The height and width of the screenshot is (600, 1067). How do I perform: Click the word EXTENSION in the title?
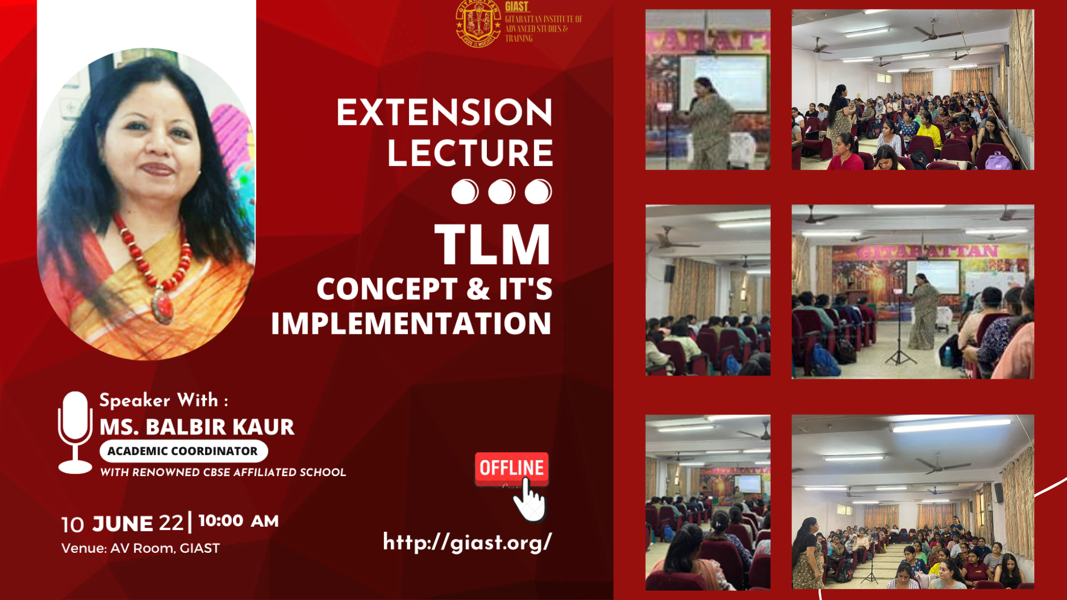pos(444,112)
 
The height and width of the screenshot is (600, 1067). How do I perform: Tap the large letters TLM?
pos(492,244)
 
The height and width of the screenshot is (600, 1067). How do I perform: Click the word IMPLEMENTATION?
pos(411,323)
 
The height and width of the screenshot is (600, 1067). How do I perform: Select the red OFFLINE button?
pos(511,468)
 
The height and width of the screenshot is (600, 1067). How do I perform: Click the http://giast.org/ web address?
pos(467,542)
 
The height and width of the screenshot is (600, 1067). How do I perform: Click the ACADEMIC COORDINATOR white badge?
pos(183,451)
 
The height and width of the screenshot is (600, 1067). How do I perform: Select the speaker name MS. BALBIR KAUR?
pos(197,427)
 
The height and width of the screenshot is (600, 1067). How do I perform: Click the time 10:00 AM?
pos(238,521)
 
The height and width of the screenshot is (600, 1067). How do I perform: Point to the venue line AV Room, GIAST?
pos(141,548)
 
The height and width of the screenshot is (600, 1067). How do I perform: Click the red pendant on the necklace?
pos(164,304)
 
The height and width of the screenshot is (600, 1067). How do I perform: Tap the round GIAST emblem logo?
pos(478,23)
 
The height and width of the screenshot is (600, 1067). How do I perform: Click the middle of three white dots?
pos(501,192)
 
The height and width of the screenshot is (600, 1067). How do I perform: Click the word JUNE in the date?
pos(122,524)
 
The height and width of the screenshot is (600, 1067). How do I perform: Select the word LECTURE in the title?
pos(470,153)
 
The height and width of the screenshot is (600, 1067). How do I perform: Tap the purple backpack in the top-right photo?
pos(999,161)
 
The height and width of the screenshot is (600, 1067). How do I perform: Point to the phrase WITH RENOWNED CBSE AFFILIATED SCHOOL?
pos(223,472)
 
